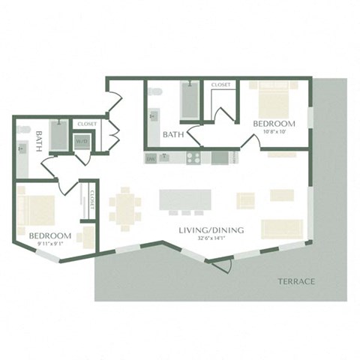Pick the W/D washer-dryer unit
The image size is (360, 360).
click(x=81, y=141)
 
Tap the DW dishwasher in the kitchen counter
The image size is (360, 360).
click(x=151, y=158)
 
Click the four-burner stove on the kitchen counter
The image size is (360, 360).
click(x=193, y=157)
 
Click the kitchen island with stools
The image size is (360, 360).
click(x=184, y=200)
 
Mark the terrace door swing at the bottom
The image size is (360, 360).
click(x=218, y=264)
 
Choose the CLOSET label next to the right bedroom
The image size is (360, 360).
click(x=221, y=85)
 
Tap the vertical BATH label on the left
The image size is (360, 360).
click(x=37, y=140)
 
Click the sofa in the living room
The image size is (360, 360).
click(x=281, y=226)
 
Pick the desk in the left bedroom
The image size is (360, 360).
click(x=88, y=235)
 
